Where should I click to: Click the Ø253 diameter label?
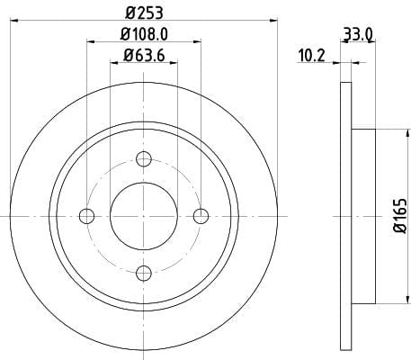pyautogui.click(x=144, y=13)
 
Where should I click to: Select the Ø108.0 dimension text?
pyautogui.click(x=144, y=34)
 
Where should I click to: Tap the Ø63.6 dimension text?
pyautogui.click(x=144, y=56)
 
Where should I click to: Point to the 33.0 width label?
pyautogui.click(x=358, y=34)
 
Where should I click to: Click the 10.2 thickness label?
pyautogui.click(x=311, y=56)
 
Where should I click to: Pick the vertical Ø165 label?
pyautogui.click(x=400, y=215)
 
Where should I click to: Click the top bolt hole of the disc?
pyautogui.click(x=144, y=159)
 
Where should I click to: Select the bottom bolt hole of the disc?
pyautogui.click(x=144, y=273)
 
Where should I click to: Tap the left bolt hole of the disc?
pyautogui.click(x=86, y=216)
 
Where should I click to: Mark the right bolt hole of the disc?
pyautogui.click(x=201, y=216)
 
